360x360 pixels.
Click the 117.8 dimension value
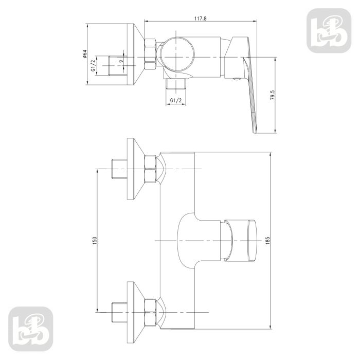[201, 19]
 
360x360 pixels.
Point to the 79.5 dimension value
[273, 95]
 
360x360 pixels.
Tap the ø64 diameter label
[84, 53]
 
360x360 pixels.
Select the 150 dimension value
[95, 240]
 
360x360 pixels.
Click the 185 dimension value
[267, 240]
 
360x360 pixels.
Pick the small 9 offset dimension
[121, 61]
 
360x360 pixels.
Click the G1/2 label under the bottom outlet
[176, 100]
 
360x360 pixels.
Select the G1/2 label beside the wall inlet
[93, 65]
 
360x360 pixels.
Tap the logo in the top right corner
[329, 30]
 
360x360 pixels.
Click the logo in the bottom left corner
[31, 329]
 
